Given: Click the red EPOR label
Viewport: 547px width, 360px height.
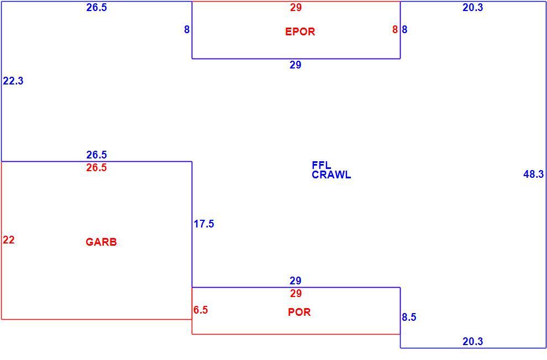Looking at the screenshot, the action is pyautogui.click(x=300, y=31).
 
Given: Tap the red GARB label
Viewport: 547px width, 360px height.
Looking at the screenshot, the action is pyautogui.click(x=101, y=242).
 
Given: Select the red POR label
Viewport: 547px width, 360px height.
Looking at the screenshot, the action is pyautogui.click(x=299, y=312).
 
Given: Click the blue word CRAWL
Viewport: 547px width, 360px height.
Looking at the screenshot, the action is pyautogui.click(x=332, y=174).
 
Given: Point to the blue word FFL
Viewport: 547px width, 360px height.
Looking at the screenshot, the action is pyautogui.click(x=321, y=165).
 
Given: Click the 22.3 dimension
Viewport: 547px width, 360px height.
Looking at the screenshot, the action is pyautogui.click(x=13, y=81).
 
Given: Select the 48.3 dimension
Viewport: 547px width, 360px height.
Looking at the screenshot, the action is pyautogui.click(x=533, y=174).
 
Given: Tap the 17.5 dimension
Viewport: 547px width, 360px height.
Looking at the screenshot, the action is pyautogui.click(x=204, y=224).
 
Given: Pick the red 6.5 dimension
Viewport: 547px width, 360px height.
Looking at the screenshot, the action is pyautogui.click(x=201, y=310).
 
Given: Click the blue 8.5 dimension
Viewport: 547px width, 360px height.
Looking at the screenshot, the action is pyautogui.click(x=409, y=317).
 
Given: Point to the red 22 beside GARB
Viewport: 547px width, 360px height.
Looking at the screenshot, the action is pyautogui.click(x=9, y=240).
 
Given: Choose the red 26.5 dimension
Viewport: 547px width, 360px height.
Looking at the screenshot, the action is pyautogui.click(x=97, y=168).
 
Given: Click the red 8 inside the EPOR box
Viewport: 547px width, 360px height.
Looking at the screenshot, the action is pyautogui.click(x=395, y=30).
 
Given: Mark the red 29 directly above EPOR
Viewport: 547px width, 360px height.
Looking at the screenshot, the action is pyautogui.click(x=296, y=7).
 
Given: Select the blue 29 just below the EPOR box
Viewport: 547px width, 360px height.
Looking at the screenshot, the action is pyautogui.click(x=296, y=65).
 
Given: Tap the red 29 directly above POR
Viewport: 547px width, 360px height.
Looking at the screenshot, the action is pyautogui.click(x=296, y=293).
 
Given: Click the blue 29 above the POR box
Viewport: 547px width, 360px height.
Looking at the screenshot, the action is pyautogui.click(x=296, y=280).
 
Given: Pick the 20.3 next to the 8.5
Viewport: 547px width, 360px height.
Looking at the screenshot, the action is pyautogui.click(x=473, y=341).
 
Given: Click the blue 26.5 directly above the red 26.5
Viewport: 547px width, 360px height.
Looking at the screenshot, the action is pyautogui.click(x=97, y=155).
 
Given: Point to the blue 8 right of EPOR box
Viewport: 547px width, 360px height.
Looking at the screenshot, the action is pyautogui.click(x=404, y=30).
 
